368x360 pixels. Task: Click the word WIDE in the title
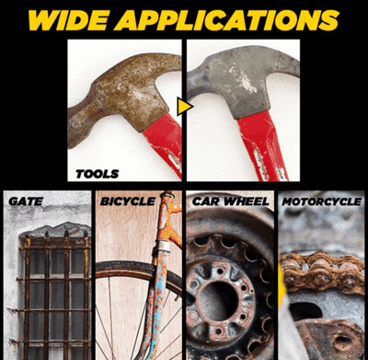coord(67,20)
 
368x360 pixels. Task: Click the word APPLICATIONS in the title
coord(226,20)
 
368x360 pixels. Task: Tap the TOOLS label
coord(98,174)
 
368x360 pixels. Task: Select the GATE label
coord(26,202)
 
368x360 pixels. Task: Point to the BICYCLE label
coord(128,202)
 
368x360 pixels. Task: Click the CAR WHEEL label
coord(230,202)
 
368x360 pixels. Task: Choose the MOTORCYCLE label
coord(322,202)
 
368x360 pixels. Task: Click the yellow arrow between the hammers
coord(184,107)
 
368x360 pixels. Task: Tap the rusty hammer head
coord(122,95)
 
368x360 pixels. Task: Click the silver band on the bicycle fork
coord(163,246)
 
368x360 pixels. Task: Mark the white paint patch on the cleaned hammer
coord(247,82)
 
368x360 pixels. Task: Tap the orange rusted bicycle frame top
coord(169,215)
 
